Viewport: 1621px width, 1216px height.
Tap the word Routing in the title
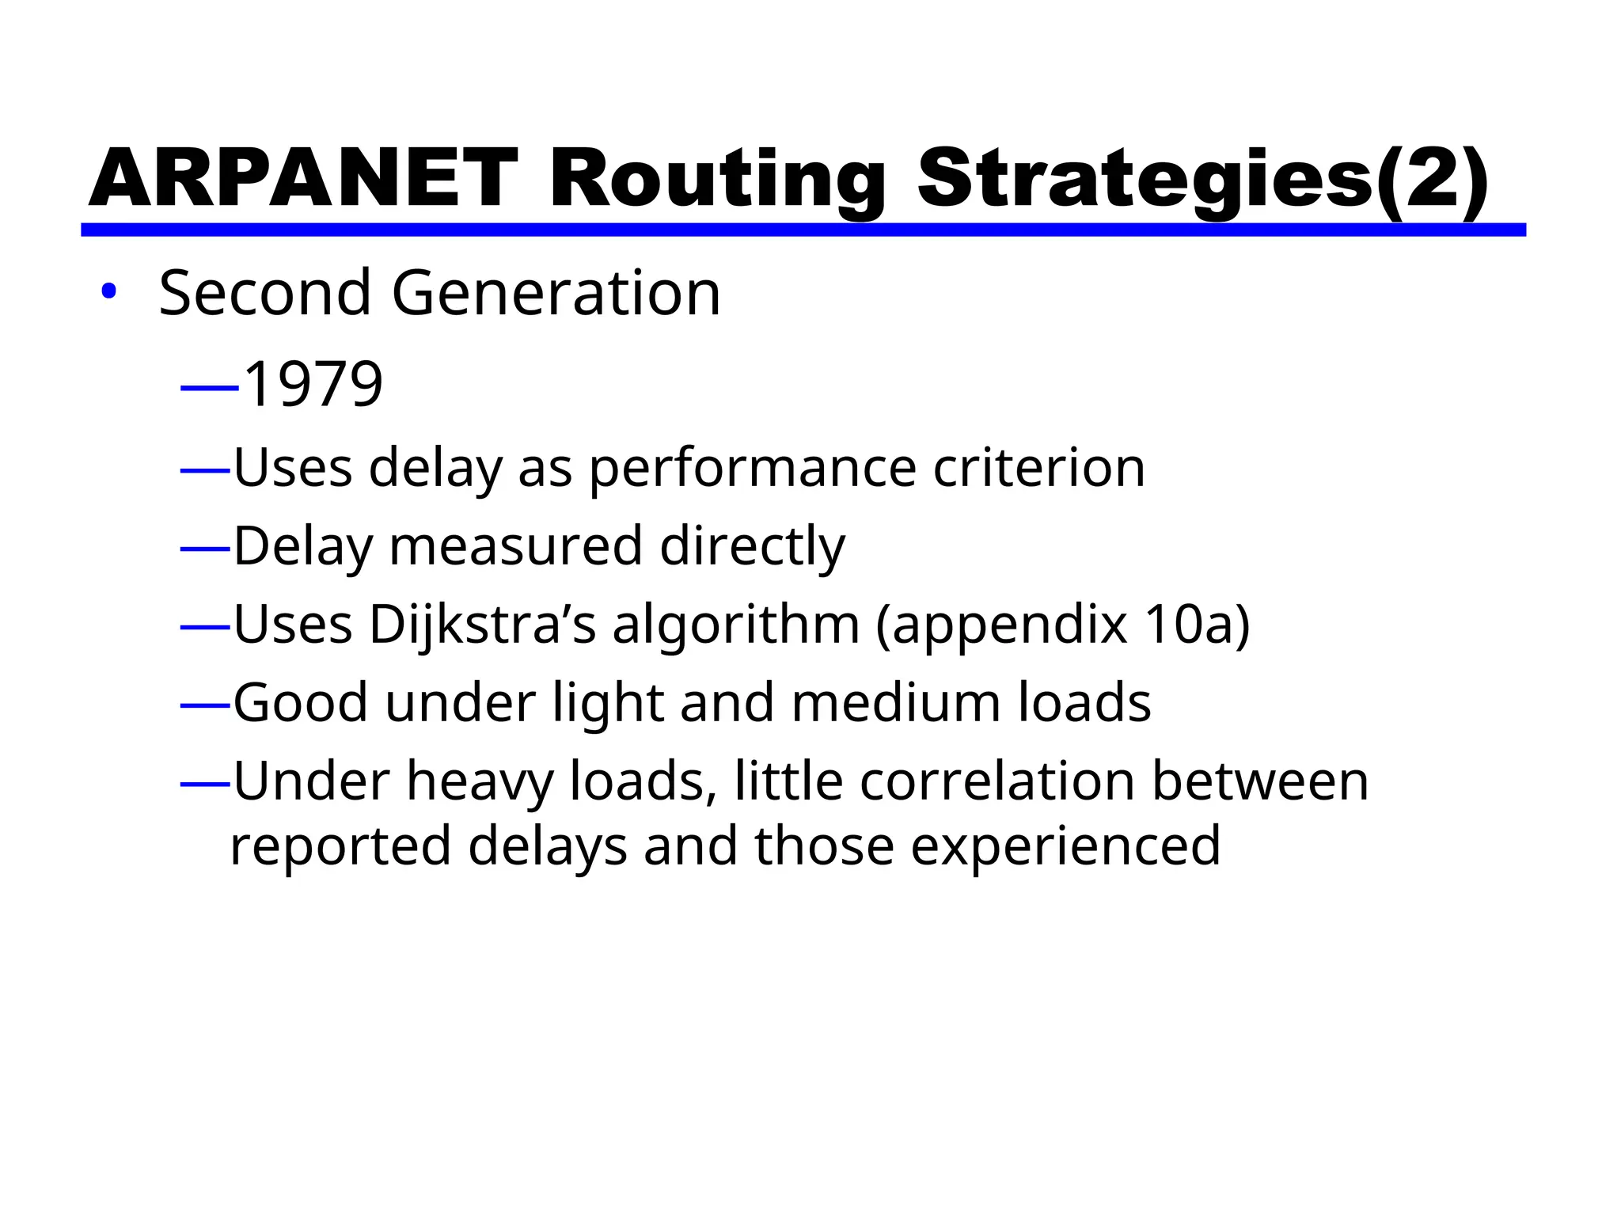pyautogui.click(x=717, y=180)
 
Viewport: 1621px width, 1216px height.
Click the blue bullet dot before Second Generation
pyautogui.click(x=108, y=291)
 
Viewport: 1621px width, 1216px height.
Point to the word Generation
pyautogui.click(x=556, y=293)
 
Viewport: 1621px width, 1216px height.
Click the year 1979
pyautogui.click(x=313, y=384)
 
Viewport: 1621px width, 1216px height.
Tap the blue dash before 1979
pyautogui.click(x=209, y=387)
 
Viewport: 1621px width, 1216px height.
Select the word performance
pyautogui.click(x=753, y=469)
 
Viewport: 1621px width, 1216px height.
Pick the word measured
pyautogui.click(x=515, y=546)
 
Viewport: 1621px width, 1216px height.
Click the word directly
pyautogui.click(x=753, y=546)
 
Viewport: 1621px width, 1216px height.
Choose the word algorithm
pyautogui.click(x=736, y=625)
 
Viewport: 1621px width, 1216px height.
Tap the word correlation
pyautogui.click(x=997, y=781)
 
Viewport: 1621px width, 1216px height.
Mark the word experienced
pyautogui.click(x=1065, y=846)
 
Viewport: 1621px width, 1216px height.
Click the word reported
pyautogui.click(x=341, y=846)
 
